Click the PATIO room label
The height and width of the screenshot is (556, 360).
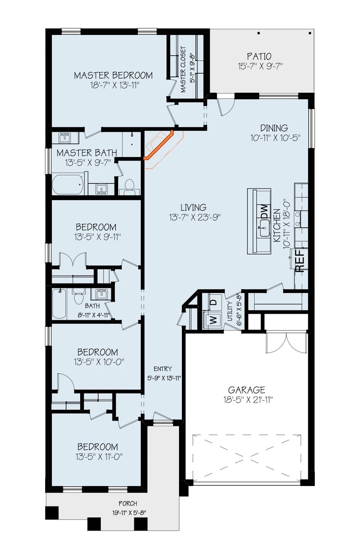coord(259,57)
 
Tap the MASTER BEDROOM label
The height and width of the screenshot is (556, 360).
coord(113,75)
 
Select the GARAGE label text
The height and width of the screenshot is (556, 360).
coord(247,390)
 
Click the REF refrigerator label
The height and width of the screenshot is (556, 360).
coord(300,260)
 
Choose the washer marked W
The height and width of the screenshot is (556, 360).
coord(213,320)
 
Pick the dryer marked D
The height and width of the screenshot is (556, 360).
coord(213,302)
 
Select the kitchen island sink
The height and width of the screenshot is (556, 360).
coord(264,229)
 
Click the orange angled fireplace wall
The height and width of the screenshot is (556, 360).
coord(158,145)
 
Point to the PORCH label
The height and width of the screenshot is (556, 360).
coord(128,504)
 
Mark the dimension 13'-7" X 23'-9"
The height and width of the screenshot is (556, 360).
coord(195,217)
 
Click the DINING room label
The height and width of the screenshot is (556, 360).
coord(274,128)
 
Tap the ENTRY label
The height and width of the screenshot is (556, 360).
coord(163,369)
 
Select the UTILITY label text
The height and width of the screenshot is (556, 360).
coord(229,311)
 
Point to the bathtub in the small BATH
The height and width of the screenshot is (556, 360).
coord(59,304)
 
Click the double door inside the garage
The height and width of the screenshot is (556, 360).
coord(286,343)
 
